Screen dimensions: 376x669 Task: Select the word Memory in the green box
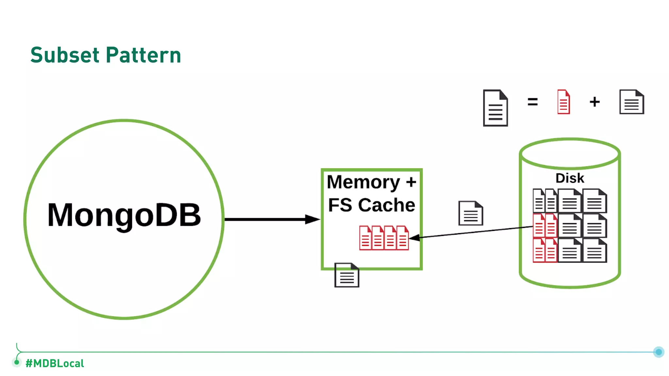(363, 182)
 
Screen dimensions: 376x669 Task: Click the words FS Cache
(371, 205)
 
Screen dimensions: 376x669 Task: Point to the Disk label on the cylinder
(569, 178)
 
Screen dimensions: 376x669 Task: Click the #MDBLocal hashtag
(55, 363)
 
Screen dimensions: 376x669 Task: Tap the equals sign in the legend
(532, 102)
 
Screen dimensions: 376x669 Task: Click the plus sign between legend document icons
(595, 102)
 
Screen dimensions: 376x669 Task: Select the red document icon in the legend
(563, 102)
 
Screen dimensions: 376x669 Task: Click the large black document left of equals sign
(495, 108)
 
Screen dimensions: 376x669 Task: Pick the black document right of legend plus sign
(631, 102)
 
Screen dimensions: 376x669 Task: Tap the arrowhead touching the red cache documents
(414, 238)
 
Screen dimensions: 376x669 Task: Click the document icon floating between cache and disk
(470, 213)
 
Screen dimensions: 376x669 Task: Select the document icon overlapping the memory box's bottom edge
(347, 275)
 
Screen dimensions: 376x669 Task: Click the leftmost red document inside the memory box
(365, 238)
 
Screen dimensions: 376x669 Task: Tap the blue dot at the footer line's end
(659, 352)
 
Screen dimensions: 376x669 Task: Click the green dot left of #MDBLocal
(17, 362)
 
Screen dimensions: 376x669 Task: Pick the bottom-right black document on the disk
(595, 251)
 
